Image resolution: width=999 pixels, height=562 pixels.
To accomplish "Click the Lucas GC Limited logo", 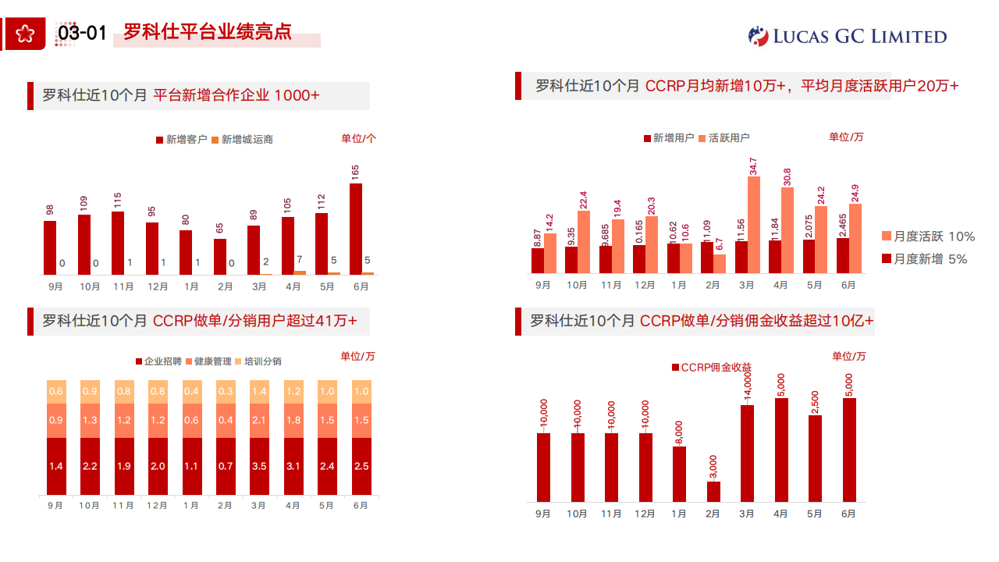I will (x=847, y=36).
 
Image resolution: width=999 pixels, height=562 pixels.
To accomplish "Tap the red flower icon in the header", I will (x=26, y=34).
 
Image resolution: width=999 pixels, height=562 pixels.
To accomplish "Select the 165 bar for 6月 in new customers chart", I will (x=355, y=229).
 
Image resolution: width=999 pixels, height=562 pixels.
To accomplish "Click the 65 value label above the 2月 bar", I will (x=219, y=228).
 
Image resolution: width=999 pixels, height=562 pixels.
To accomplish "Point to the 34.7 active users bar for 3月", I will (x=753, y=225).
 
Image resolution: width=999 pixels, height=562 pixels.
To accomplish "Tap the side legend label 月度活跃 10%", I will (x=928, y=237).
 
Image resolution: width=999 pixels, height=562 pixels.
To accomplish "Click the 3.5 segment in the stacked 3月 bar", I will (x=259, y=466).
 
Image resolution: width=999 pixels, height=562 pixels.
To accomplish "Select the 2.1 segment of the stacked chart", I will (x=259, y=421).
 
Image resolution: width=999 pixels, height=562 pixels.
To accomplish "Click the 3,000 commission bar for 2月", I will (x=713, y=492).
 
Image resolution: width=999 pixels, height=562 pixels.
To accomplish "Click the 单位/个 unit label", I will (x=358, y=138).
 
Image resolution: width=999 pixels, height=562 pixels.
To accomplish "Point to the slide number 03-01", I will (x=82, y=33).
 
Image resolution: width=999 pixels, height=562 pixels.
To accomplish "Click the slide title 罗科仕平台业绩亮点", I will (x=208, y=32).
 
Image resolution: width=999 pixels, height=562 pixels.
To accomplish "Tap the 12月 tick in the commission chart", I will (x=645, y=514).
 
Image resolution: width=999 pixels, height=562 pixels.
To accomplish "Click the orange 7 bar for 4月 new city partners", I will (x=300, y=272).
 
